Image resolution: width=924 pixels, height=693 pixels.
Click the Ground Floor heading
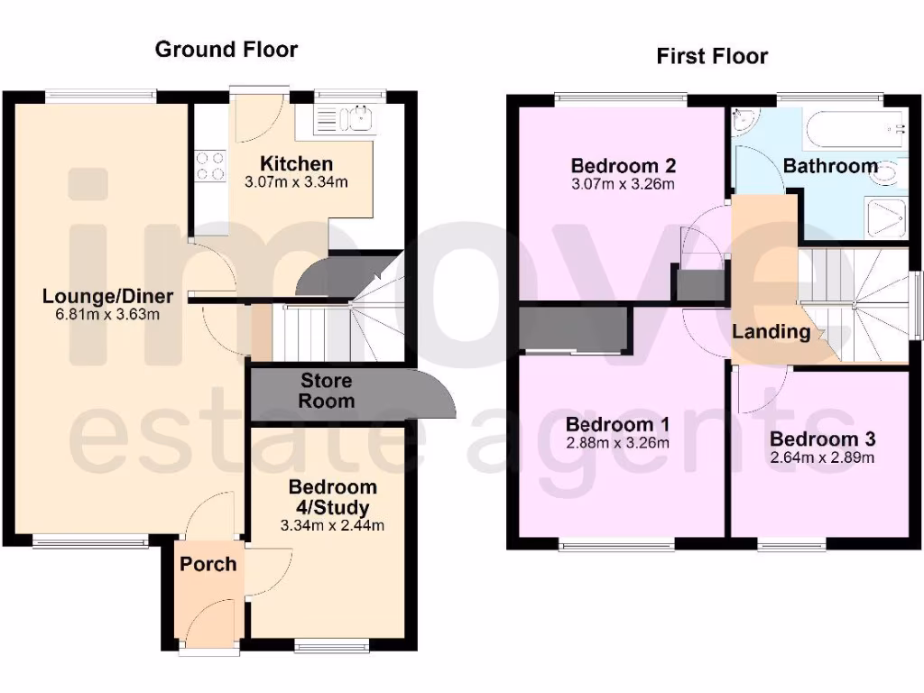coord(226,49)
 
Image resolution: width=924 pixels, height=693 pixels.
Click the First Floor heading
coord(712,56)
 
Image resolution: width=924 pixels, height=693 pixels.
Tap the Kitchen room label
coord(296,164)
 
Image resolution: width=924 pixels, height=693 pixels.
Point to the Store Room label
coord(327,391)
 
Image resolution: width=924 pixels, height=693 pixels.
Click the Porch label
coord(208,564)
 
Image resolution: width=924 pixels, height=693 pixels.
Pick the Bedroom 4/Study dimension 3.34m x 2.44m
coord(333,526)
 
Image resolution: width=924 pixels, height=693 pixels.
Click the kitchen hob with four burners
coord(210,164)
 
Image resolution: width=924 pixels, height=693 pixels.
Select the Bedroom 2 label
coord(624,166)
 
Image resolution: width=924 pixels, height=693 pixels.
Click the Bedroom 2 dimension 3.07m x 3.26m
coord(624,185)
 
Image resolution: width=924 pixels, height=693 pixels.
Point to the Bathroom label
coord(830,166)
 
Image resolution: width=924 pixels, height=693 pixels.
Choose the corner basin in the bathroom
coord(746,123)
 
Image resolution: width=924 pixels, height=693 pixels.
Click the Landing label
coord(771,331)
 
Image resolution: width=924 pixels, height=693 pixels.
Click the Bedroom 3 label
coord(822,439)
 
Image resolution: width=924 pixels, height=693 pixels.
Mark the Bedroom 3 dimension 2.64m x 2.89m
coord(822,458)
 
